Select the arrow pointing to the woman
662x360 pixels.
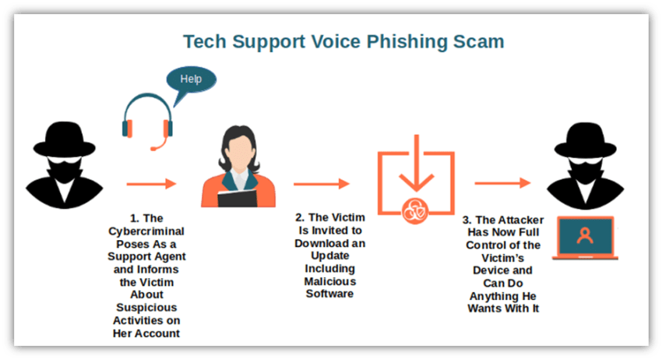[151, 184]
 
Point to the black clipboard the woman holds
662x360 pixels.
[238, 199]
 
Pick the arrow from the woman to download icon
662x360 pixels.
[322, 184]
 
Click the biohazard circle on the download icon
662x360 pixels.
[415, 211]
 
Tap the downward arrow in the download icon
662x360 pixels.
[417, 164]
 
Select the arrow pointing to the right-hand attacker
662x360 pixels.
[502, 183]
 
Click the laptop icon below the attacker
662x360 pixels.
[585, 238]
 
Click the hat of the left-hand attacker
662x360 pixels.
[64, 139]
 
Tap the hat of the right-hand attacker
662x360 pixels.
[585, 140]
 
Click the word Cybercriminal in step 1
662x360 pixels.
[146, 231]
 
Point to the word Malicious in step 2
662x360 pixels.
[330, 281]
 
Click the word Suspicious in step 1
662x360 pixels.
[146, 308]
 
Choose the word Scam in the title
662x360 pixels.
[478, 42]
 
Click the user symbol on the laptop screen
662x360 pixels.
[585, 236]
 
